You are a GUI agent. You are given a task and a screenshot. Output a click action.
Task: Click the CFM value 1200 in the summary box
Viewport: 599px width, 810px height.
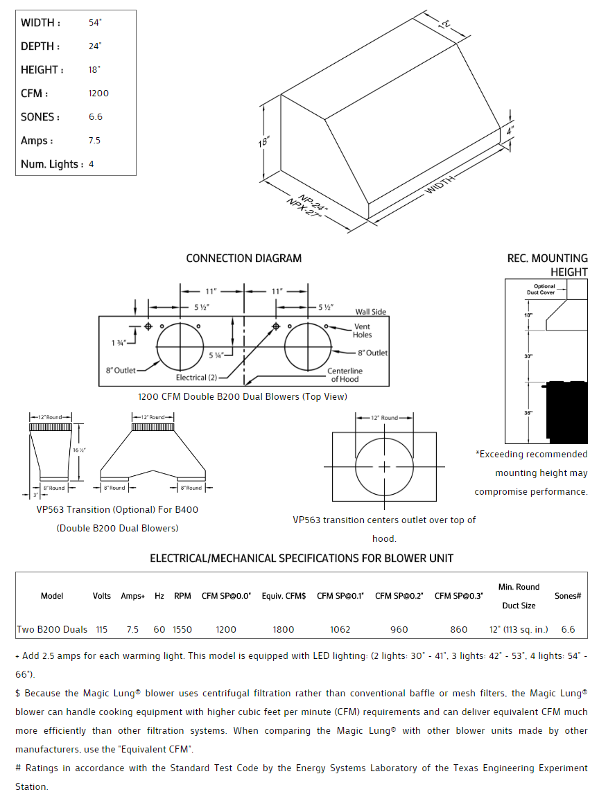coord(98,94)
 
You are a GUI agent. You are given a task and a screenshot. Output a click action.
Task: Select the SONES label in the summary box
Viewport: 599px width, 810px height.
coord(40,117)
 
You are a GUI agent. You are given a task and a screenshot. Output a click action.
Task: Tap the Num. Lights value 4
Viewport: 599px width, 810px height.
coord(92,164)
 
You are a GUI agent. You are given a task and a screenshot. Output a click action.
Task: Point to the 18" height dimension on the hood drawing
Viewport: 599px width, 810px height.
coord(263,142)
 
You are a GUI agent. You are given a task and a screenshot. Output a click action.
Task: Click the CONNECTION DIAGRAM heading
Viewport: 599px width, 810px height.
coord(244,258)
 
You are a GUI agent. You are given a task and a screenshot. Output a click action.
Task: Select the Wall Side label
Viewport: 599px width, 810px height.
coord(371,312)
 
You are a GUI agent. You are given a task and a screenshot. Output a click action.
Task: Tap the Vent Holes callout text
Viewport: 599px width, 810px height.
coord(362,331)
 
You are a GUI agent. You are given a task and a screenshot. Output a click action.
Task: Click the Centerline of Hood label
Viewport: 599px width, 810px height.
coord(345,375)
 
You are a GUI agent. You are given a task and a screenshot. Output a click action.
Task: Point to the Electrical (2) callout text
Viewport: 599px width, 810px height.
coord(196,378)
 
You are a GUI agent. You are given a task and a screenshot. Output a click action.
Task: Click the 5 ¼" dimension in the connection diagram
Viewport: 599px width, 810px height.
coord(216,355)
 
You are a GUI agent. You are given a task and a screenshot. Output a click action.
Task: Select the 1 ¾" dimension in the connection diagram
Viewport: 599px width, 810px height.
coord(119,342)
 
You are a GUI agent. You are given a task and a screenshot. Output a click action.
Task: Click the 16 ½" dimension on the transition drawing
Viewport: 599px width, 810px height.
coord(79,450)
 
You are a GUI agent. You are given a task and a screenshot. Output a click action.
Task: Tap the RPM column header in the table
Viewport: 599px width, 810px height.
coord(182,595)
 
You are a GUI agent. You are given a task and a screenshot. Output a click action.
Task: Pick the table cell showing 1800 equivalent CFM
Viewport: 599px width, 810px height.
coord(283,629)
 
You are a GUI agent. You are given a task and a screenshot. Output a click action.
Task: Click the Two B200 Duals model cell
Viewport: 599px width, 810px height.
coord(52,629)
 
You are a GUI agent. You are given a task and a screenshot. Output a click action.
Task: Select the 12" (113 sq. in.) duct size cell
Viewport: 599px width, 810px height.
coord(518,629)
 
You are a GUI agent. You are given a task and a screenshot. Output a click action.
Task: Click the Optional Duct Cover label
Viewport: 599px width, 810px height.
coord(544,289)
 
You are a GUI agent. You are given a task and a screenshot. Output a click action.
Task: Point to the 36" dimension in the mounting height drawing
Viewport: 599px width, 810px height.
coord(528,413)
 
